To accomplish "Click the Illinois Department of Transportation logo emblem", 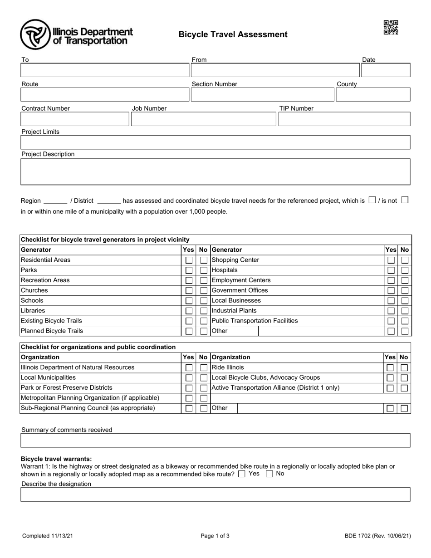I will pos(35,34).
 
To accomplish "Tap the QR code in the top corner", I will pos(391,27).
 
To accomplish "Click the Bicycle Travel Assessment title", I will pos(233,34).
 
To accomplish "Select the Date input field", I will pos(385,70).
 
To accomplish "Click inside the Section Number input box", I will pos(262,94).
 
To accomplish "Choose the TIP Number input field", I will pos(344,119).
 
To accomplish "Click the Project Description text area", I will pos(215,171).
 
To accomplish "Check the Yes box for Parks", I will pos(189,270).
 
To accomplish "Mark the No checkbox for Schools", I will pos(204,301).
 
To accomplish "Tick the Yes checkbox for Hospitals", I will pos(390,270).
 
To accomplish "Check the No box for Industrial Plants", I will pos(405,311).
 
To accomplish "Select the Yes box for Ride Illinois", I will pos(390,368).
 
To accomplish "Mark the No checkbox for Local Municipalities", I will pos(204,378).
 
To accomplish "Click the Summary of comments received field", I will pos(215,441).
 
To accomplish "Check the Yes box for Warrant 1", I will pos(242,474).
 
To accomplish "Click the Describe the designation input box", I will pos(215,494).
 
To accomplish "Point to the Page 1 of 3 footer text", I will pos(215,536).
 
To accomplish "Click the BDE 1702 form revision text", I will pos(377,536).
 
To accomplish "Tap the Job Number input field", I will pos(203,119).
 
